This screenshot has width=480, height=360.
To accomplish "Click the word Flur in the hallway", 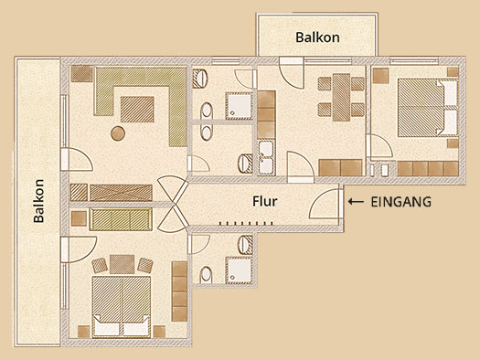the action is coord(265,201).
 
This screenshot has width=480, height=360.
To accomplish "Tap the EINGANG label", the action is coord(401,202).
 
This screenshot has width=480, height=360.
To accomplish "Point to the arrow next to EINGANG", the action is coord(356,202).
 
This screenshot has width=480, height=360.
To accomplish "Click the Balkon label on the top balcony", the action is coord(317,37).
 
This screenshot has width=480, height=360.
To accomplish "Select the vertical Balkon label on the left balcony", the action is coord(39,201).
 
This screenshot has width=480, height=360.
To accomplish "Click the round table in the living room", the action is coord(118,133).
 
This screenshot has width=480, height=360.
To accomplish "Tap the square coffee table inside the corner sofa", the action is coord(137,110).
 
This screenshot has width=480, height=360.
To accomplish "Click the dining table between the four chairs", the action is coord(341,97).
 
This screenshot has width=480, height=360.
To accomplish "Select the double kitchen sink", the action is coord(266,157).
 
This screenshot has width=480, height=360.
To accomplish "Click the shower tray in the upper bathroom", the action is coord(239,106).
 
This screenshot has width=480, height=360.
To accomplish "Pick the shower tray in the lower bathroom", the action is coord(239,270).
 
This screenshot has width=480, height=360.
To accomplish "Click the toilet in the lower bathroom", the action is coord(206,275).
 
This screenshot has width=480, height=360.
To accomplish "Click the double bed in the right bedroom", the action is coord(428,108).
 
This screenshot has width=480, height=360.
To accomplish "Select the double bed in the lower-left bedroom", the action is coord(122,306).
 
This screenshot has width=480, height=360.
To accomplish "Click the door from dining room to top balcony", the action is coord(291,73).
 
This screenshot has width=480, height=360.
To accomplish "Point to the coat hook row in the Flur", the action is coord(246,223).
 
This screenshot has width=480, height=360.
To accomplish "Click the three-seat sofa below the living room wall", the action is coord(121,219).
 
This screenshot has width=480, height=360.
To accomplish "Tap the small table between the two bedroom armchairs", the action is coord(123,264).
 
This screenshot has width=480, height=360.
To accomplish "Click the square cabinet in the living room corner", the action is coord(81,74).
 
